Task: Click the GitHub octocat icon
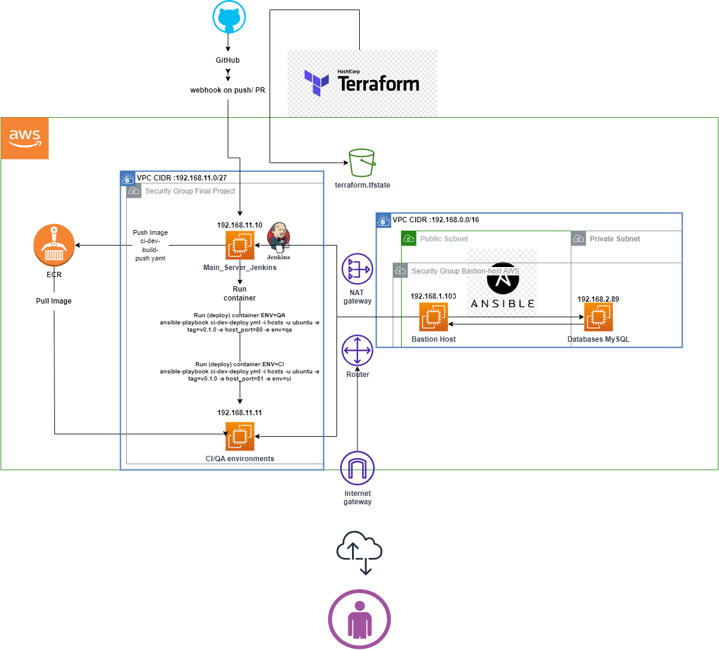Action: click(x=230, y=17)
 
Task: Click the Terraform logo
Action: click(x=362, y=82)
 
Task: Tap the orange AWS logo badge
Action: click(x=25, y=138)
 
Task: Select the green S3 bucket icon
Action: click(x=362, y=162)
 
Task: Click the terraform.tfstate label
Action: click(x=362, y=185)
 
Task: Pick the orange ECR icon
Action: click(x=54, y=246)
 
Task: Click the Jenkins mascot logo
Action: click(x=279, y=239)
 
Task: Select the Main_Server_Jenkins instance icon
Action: click(x=240, y=246)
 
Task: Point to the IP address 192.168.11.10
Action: click(x=240, y=225)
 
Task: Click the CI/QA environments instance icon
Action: click(x=240, y=437)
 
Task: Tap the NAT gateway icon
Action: click(x=357, y=269)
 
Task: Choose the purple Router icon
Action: click(x=357, y=350)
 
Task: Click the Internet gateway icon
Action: click(x=357, y=468)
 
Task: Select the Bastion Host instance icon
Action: click(x=433, y=317)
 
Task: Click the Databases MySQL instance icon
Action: click(x=598, y=317)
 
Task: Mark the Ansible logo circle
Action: click(x=503, y=278)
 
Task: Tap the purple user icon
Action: click(x=359, y=620)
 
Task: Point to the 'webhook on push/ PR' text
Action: click(x=228, y=90)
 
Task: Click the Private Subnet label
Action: click(x=614, y=239)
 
